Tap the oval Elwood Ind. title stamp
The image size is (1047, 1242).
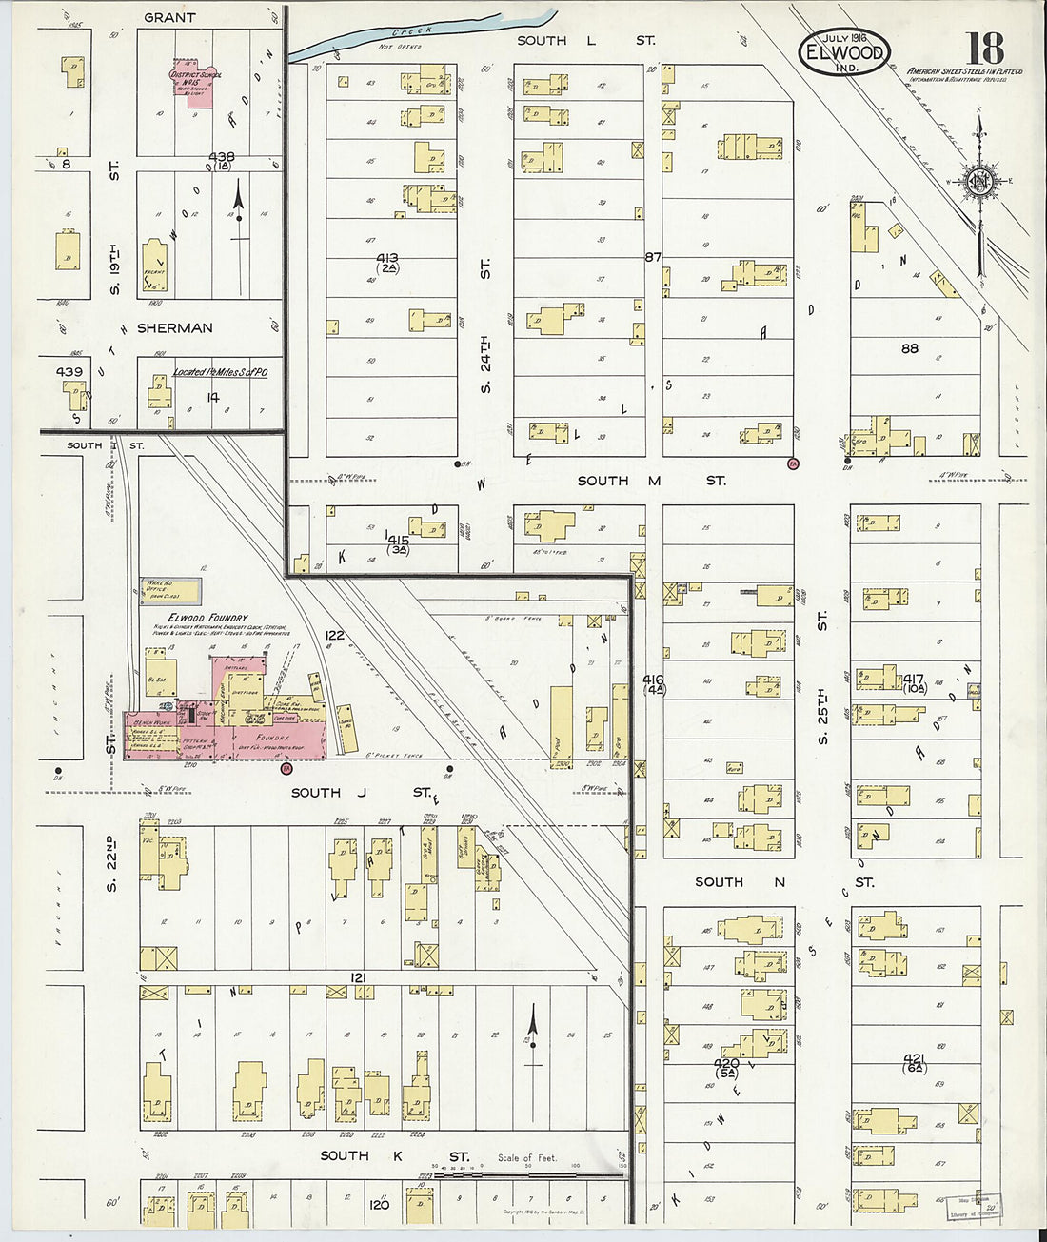coord(844,53)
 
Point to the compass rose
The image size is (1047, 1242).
coord(978,181)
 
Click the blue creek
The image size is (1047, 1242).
coord(419,32)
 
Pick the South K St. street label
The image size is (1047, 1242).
coord(394,1155)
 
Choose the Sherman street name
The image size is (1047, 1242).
coord(174,328)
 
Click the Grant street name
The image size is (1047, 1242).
coord(169,17)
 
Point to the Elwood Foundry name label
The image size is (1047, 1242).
coord(207,618)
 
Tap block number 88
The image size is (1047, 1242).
coord(909,348)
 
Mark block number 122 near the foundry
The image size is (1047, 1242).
coord(334,635)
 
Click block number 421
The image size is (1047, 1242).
coord(914,1059)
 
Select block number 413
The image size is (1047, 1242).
coord(387,259)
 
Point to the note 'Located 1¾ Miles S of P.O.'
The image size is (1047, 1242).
coord(220,372)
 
